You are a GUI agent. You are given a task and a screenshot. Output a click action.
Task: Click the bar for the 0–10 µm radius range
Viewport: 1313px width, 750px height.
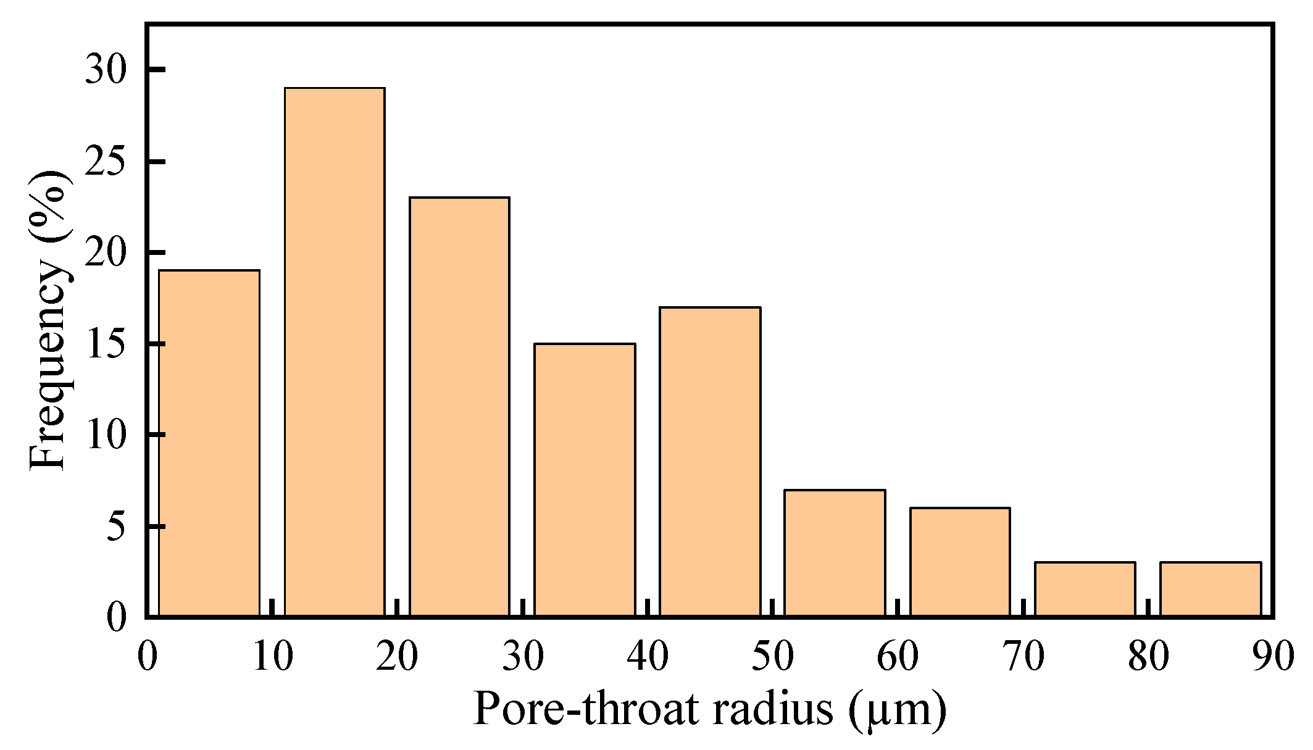tap(209, 443)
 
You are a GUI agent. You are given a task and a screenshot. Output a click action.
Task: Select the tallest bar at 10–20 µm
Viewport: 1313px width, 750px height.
tap(335, 352)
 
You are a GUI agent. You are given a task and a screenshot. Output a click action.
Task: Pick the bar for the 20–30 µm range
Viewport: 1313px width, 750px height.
tap(460, 407)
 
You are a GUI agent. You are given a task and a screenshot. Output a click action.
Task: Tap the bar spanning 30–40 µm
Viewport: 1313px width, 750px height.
tap(585, 480)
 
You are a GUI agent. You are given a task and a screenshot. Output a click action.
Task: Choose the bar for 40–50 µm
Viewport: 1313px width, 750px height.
tap(710, 462)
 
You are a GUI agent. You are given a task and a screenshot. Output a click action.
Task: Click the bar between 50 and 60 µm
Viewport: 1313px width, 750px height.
tap(835, 553)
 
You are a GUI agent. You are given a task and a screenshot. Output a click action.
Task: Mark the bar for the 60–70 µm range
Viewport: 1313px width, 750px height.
tap(961, 562)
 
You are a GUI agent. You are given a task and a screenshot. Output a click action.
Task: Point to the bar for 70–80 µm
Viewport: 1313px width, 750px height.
tap(1085, 589)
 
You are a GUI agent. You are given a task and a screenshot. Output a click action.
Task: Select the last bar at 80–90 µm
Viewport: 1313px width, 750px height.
tap(1211, 589)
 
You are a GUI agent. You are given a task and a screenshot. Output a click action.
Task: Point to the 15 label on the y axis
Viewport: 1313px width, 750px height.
tap(106, 344)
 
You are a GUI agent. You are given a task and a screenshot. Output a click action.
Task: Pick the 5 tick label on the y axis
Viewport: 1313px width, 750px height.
tap(117, 527)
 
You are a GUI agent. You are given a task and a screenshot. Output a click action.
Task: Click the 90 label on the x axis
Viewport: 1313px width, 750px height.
tap(1272, 656)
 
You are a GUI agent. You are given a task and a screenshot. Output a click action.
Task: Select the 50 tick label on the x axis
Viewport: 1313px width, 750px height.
tap(772, 656)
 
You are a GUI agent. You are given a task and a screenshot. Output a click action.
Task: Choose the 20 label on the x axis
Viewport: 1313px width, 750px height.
tap(397, 656)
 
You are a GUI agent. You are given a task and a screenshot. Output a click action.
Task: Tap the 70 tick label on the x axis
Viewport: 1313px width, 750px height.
tap(1022, 656)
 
